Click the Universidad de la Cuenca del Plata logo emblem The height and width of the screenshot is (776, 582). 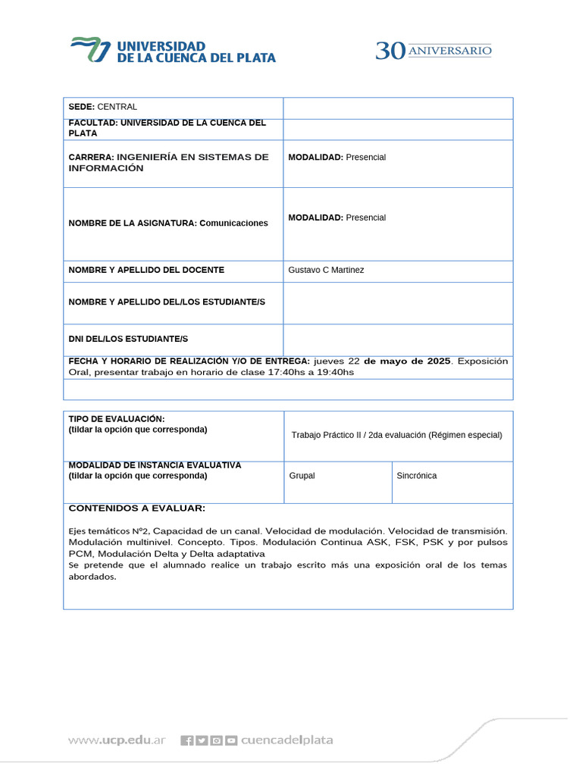(x=90, y=50)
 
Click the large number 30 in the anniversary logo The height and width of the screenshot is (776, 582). (x=391, y=51)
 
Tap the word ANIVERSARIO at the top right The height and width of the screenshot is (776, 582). (x=450, y=51)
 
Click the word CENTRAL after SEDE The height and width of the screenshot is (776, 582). (x=117, y=107)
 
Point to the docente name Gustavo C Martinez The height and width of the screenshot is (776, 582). (x=326, y=270)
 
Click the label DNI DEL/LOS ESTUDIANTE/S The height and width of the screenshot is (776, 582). (x=128, y=338)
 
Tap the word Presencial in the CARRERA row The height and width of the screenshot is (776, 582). (x=366, y=157)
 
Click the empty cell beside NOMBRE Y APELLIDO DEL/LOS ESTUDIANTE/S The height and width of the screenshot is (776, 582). (x=398, y=302)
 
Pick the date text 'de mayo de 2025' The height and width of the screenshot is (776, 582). (x=407, y=361)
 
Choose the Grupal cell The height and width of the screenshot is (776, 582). (x=302, y=476)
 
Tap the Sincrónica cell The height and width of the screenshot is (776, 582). (x=417, y=476)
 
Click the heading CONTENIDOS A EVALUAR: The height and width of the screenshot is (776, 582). (x=136, y=508)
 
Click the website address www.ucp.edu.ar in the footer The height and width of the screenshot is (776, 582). (x=117, y=740)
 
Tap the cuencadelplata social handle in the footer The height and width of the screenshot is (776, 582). (x=286, y=740)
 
